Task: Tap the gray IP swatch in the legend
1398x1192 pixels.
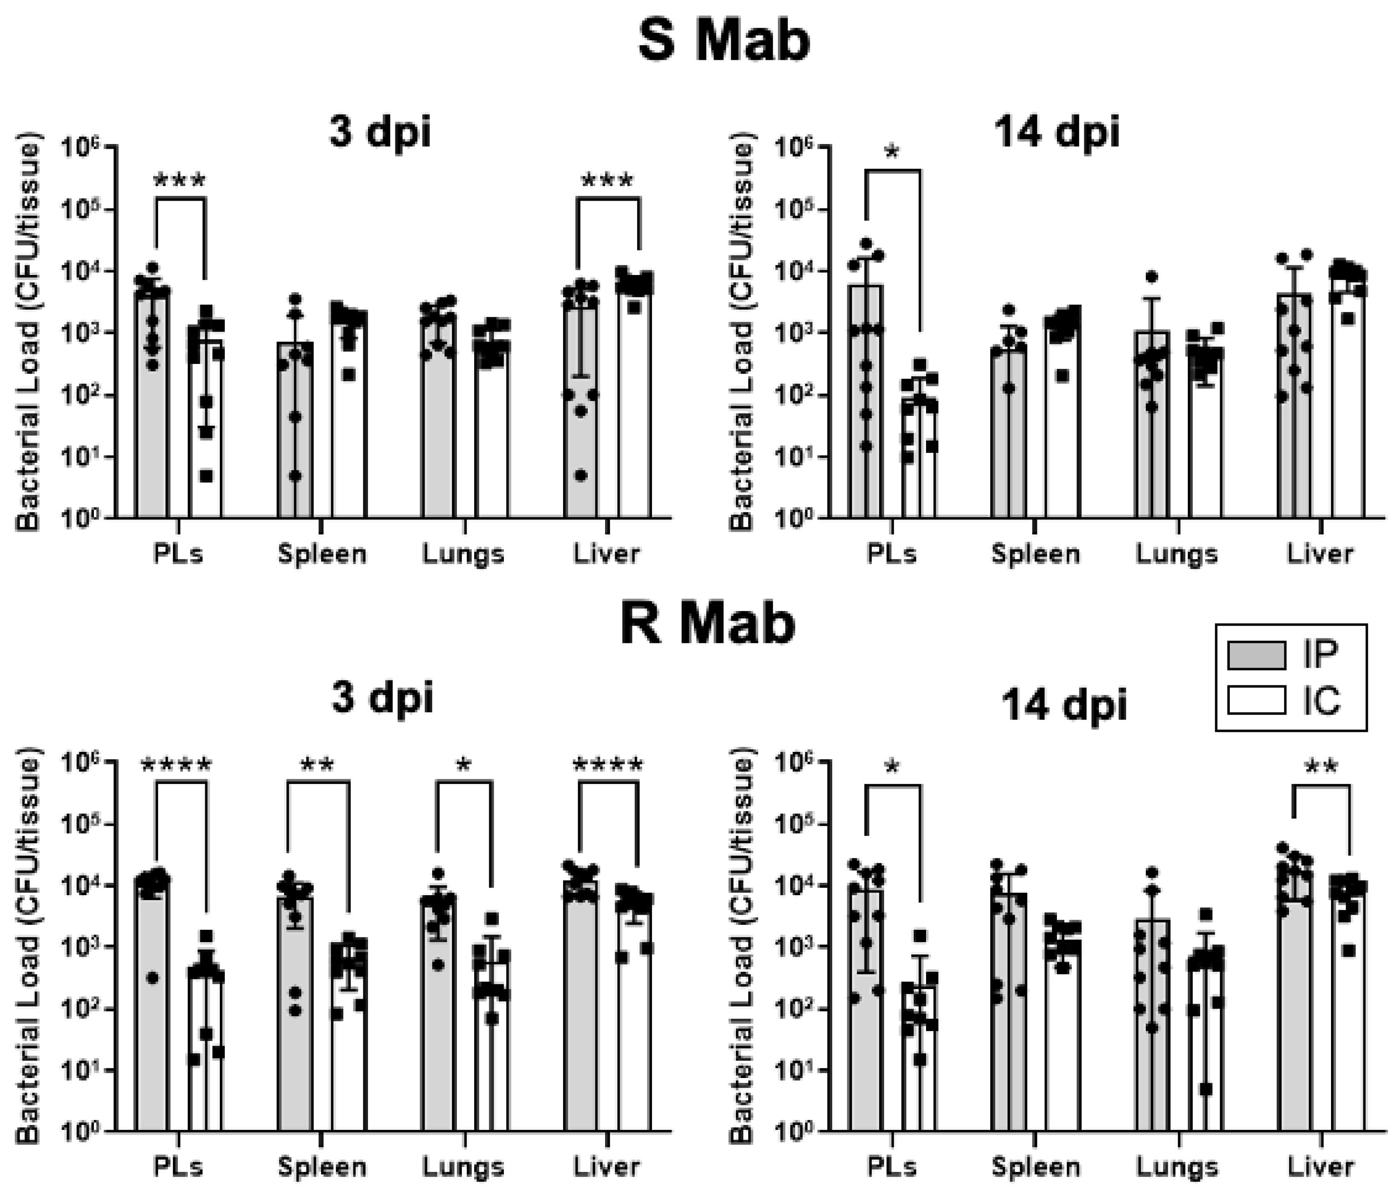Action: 1256,655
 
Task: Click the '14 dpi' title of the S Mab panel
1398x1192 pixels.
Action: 1056,132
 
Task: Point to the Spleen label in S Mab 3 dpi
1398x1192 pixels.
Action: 322,555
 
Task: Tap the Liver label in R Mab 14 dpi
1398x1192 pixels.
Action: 1320,1167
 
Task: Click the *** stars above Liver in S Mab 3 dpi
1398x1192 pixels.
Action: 607,181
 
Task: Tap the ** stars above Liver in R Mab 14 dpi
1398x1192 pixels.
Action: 1321,767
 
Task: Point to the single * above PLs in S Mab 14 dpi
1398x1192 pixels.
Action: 891,152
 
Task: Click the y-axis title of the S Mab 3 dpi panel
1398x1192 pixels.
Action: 28,334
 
